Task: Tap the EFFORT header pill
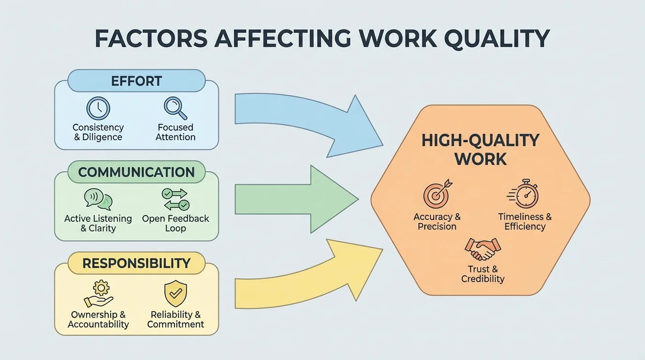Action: pos(136,81)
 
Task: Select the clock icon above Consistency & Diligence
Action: pos(98,108)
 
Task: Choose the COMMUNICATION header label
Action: pos(136,172)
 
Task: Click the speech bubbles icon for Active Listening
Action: pos(98,200)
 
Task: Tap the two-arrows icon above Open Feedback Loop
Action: pos(175,200)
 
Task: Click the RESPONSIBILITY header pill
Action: pos(136,263)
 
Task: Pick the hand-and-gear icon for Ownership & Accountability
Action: pos(98,294)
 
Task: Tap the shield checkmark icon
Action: pos(175,294)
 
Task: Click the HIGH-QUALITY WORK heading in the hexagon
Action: pos(480,150)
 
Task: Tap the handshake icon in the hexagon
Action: pos(483,249)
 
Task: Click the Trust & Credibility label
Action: pos(483,274)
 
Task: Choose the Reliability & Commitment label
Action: pos(175,320)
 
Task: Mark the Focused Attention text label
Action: pos(175,132)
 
